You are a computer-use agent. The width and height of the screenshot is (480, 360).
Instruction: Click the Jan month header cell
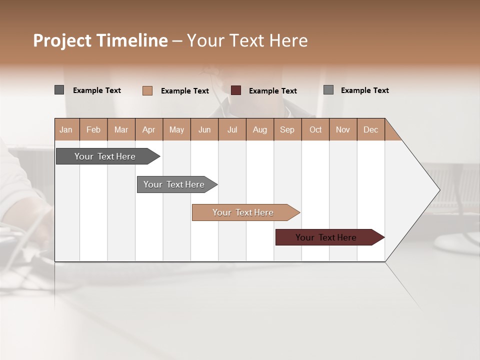tap(66, 129)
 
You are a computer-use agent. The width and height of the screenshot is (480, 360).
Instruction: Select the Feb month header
tap(93, 129)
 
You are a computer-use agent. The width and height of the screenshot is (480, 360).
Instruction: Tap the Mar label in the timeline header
tap(121, 129)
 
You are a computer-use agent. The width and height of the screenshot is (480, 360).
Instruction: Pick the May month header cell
tap(176, 129)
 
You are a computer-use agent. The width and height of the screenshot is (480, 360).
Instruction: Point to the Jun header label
tap(204, 129)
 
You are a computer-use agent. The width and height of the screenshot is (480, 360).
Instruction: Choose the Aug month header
tap(259, 129)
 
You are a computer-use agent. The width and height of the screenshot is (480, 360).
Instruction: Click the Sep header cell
tap(287, 129)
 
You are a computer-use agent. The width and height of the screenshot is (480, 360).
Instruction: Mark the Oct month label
tap(315, 129)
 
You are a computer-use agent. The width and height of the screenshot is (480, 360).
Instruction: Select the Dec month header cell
tap(370, 129)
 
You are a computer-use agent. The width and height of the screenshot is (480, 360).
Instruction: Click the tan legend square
tap(147, 90)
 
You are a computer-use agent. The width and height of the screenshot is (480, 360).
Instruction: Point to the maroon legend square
tap(236, 90)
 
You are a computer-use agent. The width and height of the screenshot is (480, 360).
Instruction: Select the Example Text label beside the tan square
tap(185, 91)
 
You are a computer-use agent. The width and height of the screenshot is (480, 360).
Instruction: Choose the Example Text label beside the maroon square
tap(273, 91)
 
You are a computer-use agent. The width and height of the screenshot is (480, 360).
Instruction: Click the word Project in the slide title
tap(62, 40)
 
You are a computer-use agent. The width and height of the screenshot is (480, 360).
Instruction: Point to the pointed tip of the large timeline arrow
tap(438, 190)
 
